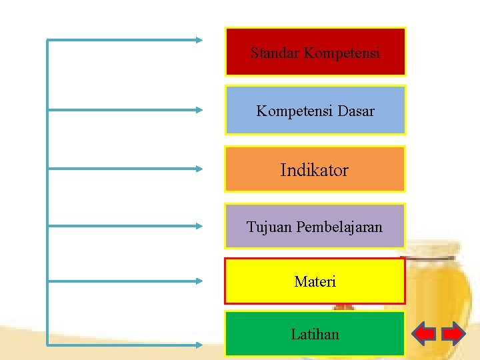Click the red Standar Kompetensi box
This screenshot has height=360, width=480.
point(315,51)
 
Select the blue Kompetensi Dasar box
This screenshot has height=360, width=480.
point(315,110)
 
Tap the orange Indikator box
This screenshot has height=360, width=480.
point(315,169)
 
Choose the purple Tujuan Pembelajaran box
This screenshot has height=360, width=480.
point(315,226)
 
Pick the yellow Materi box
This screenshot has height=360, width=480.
point(315,281)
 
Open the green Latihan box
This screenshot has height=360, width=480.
point(315,333)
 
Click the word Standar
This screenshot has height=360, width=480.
point(275,53)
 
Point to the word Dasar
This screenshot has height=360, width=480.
point(356,111)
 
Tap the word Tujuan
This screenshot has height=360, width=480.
point(269,227)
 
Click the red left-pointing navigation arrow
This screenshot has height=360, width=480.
point(424,333)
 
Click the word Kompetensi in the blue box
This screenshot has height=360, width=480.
point(294,111)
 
